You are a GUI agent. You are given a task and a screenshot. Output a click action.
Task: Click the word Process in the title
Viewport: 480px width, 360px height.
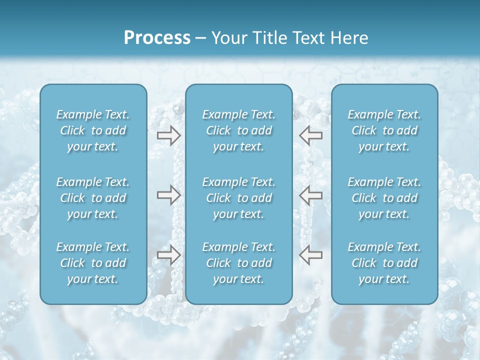coord(157,38)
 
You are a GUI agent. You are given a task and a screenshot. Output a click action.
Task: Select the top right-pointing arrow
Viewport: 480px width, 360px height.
coord(168,135)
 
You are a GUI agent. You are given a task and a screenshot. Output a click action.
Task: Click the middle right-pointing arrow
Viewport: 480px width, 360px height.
coord(168,194)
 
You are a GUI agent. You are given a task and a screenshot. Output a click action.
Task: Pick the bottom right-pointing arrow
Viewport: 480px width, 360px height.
coord(168,255)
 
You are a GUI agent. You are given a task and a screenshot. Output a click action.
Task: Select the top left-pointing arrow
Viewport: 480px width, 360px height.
coord(310,135)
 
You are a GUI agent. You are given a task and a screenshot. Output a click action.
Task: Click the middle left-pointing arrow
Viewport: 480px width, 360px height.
coord(310,194)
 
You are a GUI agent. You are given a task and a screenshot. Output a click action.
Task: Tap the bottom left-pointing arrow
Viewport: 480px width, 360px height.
coord(310,255)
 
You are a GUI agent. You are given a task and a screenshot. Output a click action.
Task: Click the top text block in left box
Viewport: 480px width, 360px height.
coord(93,130)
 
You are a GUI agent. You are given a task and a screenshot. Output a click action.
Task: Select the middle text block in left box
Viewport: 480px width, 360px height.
coord(93,198)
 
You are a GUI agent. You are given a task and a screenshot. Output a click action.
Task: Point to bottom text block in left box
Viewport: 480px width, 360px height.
coord(93,263)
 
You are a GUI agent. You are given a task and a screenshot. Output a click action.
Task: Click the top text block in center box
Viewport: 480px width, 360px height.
coord(238,130)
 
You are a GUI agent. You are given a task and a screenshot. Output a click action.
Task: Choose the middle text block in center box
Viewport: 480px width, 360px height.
coord(238,198)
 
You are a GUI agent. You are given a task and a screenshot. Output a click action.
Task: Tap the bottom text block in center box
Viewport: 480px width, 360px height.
coord(238,263)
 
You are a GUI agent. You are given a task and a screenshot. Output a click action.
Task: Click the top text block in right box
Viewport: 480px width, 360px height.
coord(384,130)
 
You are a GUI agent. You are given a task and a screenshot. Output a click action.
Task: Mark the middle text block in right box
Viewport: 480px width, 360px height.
coord(384,198)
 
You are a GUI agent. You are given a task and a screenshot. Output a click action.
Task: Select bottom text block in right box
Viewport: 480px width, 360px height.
coord(384,263)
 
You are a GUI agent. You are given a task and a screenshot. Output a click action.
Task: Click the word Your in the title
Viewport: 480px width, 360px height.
coord(227,38)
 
